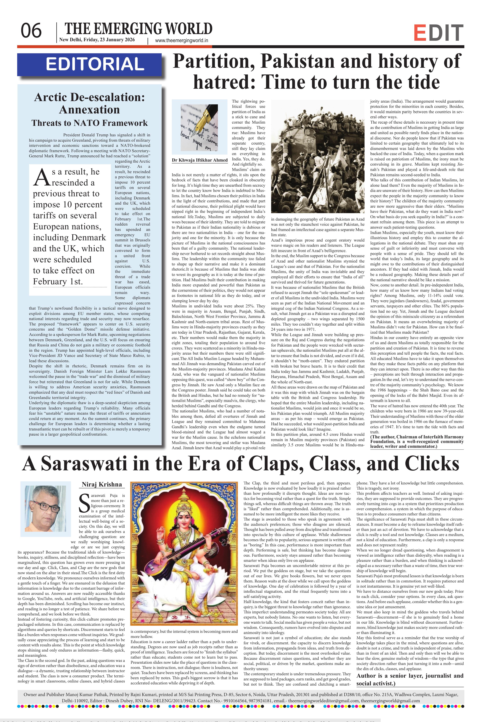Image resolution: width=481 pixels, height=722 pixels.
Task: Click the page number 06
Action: click(x=31, y=31)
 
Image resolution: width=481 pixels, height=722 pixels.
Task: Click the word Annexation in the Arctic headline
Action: click(x=89, y=110)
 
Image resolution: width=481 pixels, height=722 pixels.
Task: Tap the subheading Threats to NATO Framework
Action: click(x=89, y=123)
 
